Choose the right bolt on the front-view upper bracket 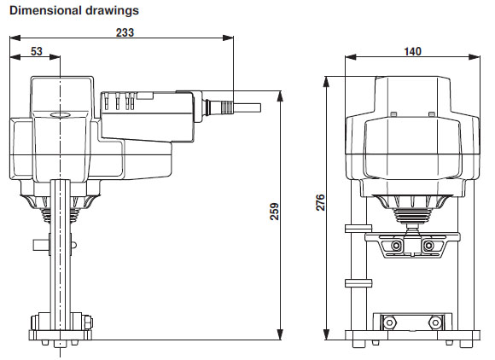429,246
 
